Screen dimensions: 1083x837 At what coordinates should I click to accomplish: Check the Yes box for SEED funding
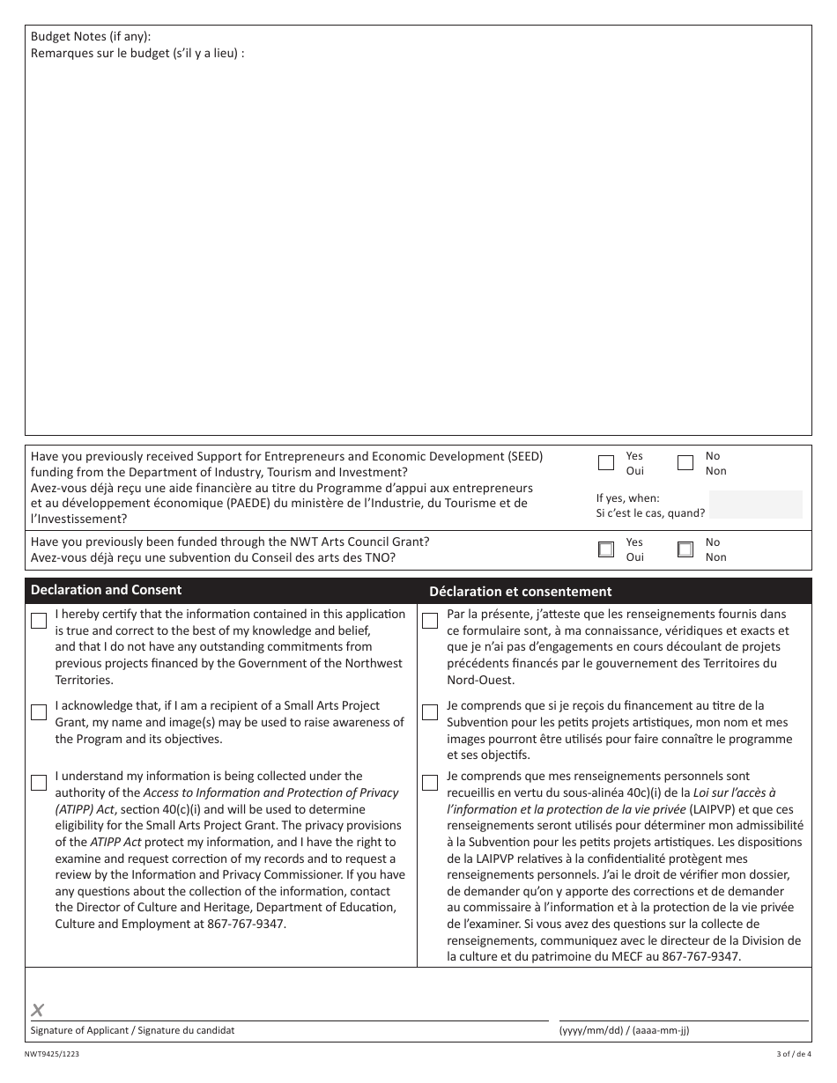point(606,463)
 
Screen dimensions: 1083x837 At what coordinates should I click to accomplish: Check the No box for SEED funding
point(685,463)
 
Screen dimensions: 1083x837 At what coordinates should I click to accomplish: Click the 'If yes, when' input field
point(755,505)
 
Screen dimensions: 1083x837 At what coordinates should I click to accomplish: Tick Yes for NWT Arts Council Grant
point(606,549)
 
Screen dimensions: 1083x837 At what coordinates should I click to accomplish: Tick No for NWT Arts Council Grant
point(685,549)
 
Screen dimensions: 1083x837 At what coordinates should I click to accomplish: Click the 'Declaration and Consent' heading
point(106,590)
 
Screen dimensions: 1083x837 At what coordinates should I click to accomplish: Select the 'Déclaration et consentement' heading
point(520,592)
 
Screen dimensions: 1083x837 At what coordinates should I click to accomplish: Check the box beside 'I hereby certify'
point(39,621)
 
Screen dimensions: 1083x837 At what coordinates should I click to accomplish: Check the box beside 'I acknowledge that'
point(39,712)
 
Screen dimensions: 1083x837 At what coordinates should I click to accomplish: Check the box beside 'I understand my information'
point(39,783)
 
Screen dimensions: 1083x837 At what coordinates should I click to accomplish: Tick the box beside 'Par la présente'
point(430,621)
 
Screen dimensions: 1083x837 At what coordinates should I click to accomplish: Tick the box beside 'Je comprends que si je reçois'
point(430,712)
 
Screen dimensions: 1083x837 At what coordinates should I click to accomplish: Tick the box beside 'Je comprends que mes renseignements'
point(430,783)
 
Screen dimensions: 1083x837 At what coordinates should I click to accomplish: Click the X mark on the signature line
point(38,1010)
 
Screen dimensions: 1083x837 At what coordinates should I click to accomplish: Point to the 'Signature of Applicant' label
point(132,1030)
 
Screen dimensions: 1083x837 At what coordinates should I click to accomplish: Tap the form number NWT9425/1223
point(56,1053)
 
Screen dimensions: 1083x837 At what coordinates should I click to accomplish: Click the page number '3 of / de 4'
point(788,1053)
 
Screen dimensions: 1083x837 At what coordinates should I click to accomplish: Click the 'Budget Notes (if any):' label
point(91,36)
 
